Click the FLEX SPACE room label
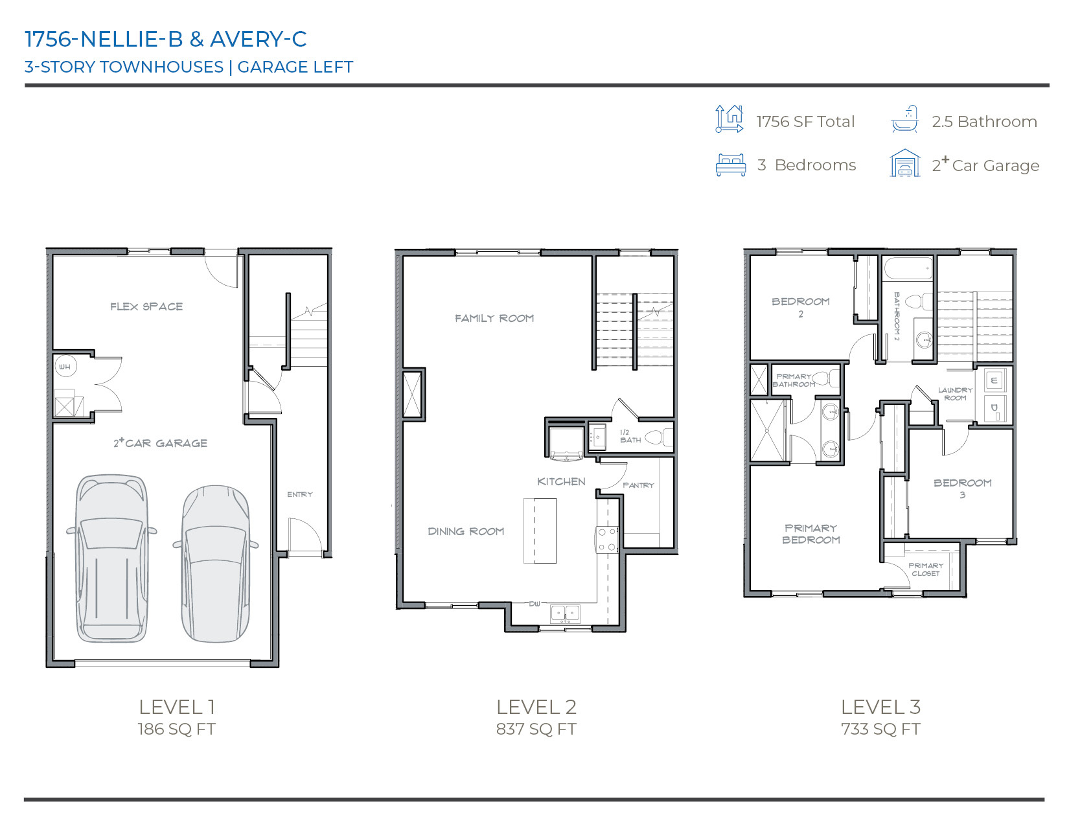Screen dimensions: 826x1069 (146, 306)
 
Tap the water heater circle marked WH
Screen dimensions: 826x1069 (65, 367)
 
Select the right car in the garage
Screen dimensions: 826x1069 (214, 564)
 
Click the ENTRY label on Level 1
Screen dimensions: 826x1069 (300, 494)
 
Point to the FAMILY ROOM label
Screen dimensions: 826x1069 (494, 318)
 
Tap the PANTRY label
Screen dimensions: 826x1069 (638, 485)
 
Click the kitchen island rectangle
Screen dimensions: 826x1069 (540, 531)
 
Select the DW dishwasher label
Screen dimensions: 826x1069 (534, 604)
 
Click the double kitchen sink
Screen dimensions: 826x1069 (565, 612)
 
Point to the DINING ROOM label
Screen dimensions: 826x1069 (466, 531)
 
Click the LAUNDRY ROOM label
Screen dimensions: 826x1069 (955, 394)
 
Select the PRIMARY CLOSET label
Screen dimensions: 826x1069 (926, 569)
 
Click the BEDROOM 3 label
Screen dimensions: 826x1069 (962, 488)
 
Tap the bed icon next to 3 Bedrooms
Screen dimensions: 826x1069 (731, 165)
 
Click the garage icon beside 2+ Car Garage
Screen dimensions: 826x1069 (905, 164)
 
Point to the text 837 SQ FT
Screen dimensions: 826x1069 (536, 729)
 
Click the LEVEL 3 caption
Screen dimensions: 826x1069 (880, 707)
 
